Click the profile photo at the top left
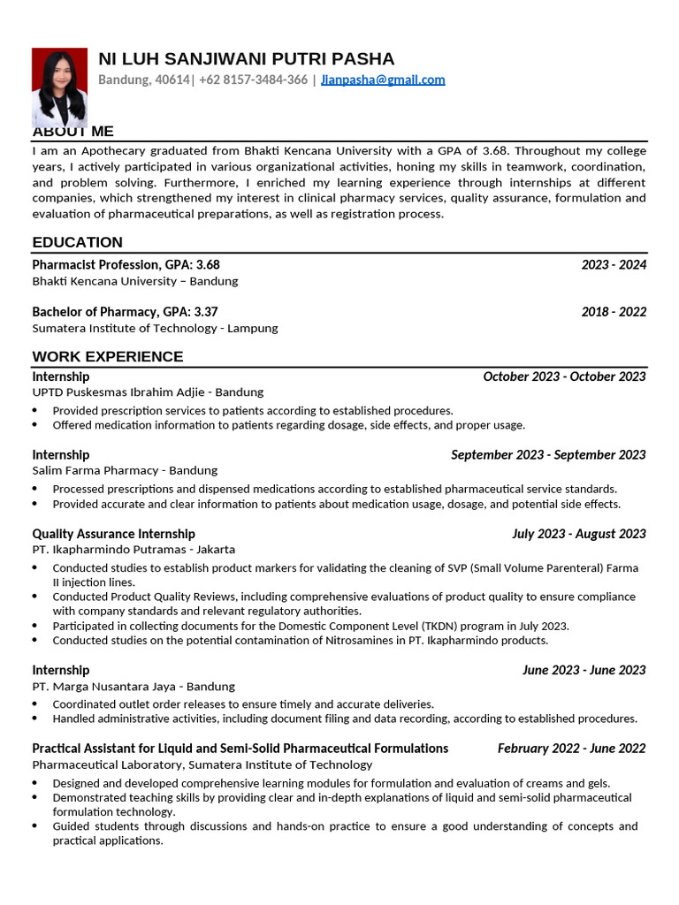(59, 86)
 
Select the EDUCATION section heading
(78, 242)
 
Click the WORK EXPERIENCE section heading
(108, 356)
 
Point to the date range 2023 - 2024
(614, 264)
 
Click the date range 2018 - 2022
(614, 311)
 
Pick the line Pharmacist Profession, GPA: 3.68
(126, 264)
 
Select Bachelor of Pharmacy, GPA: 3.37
(125, 311)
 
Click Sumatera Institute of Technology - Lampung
(155, 328)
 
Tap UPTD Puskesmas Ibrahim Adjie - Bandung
(148, 392)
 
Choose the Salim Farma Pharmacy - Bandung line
(125, 470)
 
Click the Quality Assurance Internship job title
(113, 533)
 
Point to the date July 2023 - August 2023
(579, 533)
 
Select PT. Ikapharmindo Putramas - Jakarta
(140, 550)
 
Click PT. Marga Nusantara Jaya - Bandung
(134, 686)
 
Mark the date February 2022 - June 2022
(571, 748)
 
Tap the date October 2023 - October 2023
(564, 376)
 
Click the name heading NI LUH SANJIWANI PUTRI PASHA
(246, 59)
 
